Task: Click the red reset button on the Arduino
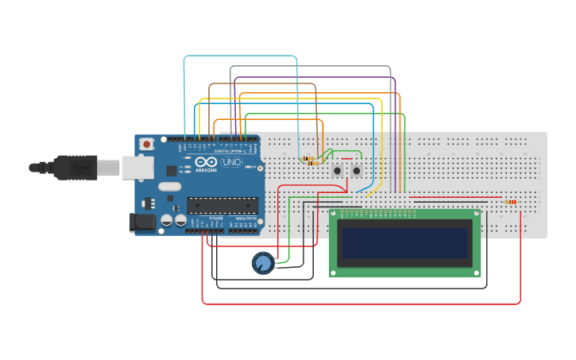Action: [146, 144]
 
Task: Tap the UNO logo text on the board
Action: [231, 162]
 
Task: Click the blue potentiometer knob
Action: [262, 262]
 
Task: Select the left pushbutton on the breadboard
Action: [338, 171]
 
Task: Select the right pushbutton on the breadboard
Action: [357, 171]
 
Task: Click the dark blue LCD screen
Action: [405, 242]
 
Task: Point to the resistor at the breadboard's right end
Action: [510, 202]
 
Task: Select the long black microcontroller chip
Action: [222, 205]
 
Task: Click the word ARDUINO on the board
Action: [205, 169]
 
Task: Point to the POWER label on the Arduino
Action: [215, 218]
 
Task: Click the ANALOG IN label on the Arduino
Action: [245, 218]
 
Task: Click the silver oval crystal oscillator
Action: [169, 187]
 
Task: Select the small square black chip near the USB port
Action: [172, 169]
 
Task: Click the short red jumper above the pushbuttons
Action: [346, 158]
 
